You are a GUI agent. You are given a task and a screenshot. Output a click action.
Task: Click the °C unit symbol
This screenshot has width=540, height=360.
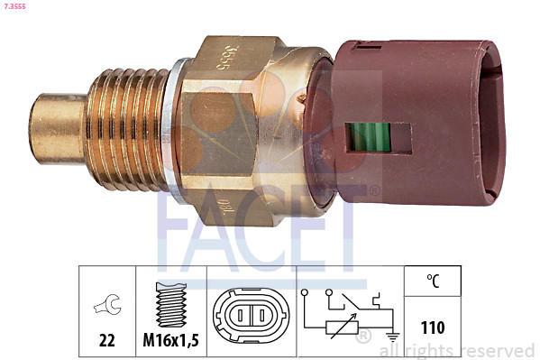(x=434, y=282)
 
